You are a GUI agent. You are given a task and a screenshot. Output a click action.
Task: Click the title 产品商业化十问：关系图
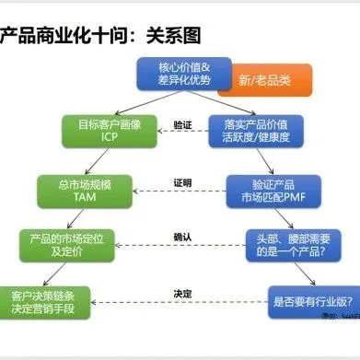101,35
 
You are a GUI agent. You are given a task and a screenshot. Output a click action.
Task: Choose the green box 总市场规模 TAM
85,190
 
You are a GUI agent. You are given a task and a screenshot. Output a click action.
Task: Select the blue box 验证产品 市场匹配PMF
268,190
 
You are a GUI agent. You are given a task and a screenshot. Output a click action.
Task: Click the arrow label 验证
182,122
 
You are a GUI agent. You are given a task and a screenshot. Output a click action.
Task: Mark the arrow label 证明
182,181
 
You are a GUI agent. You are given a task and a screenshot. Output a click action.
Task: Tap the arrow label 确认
182,236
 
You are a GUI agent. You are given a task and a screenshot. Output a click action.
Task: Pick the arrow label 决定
182,293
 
